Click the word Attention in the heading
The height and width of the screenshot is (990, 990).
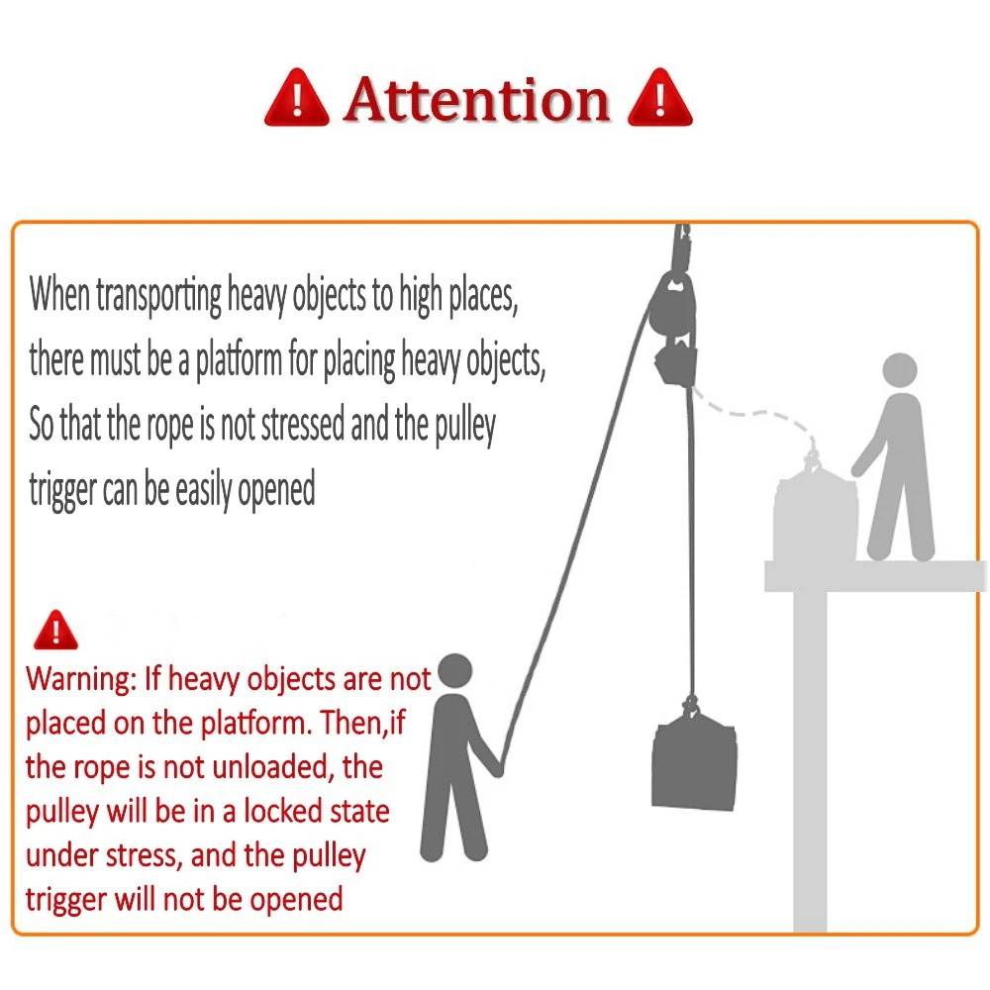(476, 101)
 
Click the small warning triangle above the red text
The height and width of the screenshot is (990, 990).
(54, 630)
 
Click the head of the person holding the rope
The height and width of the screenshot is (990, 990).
(455, 671)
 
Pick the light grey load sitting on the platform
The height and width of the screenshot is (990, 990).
(815, 512)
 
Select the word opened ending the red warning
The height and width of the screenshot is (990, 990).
(297, 899)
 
